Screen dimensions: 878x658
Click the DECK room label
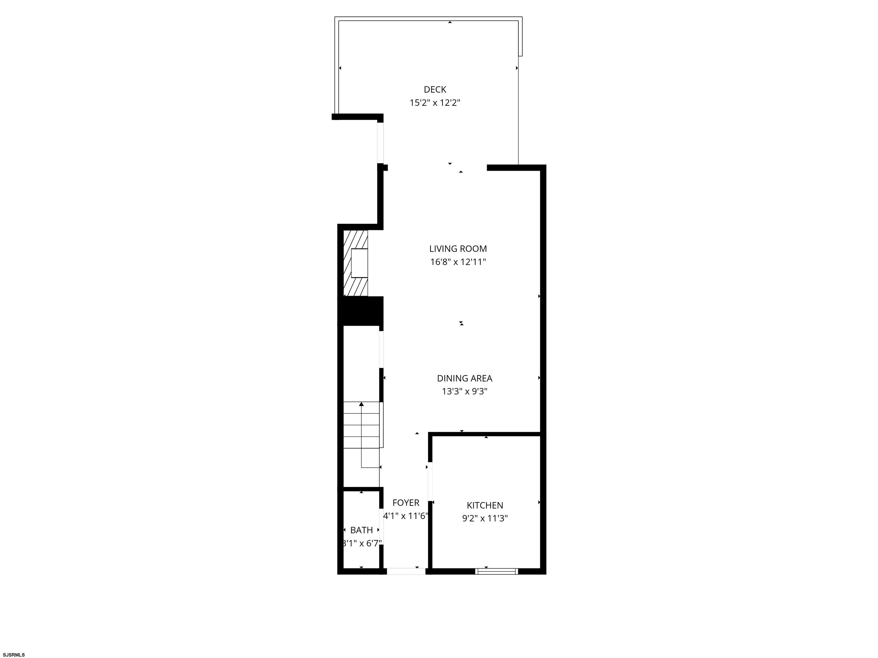pyautogui.click(x=435, y=90)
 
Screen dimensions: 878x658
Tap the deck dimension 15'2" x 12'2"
pyautogui.click(x=435, y=103)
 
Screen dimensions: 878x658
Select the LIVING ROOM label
pyautogui.click(x=458, y=249)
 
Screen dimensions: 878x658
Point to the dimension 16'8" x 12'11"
pyautogui.click(x=458, y=262)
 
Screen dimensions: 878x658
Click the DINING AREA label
pyautogui.click(x=465, y=378)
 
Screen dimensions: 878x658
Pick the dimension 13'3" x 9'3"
pyautogui.click(x=465, y=392)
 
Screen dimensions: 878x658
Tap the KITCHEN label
pyautogui.click(x=485, y=505)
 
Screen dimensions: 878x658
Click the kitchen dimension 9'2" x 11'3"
pyautogui.click(x=485, y=518)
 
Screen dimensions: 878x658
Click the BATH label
pyautogui.click(x=362, y=530)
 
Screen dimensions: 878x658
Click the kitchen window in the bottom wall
pyautogui.click(x=496, y=571)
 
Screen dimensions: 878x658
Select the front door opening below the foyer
pyautogui.click(x=406, y=571)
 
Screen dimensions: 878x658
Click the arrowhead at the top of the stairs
pyautogui.click(x=361, y=404)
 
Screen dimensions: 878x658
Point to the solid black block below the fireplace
pyautogui.click(x=360, y=311)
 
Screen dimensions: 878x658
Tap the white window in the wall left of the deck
pyautogui.click(x=380, y=143)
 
